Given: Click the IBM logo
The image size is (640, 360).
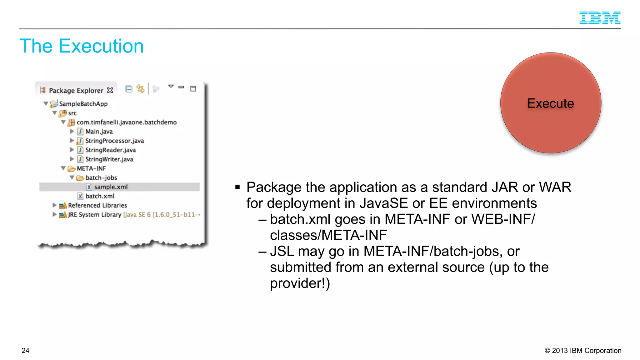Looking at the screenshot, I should point(600,18).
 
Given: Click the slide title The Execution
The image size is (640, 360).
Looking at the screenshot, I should point(82,46).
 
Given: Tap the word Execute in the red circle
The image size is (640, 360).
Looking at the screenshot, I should point(550,103).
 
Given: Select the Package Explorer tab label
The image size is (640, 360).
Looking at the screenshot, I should point(76,91).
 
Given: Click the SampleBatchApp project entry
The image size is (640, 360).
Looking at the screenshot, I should point(83,104).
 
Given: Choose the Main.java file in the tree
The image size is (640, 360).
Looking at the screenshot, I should point(99,132).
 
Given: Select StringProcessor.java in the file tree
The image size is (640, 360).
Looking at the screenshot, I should point(114,141).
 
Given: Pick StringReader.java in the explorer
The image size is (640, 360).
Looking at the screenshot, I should point(110,150).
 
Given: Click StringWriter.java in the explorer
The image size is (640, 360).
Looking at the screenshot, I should point(109,159).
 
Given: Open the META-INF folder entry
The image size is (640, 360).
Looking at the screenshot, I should point(91,168).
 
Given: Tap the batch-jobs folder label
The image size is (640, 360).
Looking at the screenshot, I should point(101,178).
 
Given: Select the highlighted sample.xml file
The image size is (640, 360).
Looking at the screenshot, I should point(111,187).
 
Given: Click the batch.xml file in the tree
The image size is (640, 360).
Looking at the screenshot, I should point(100,196).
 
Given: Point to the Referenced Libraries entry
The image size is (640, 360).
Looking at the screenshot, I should point(97,205).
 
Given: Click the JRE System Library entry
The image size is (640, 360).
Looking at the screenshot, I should point(94,215).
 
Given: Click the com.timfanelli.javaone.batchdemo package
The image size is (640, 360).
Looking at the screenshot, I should point(127,122).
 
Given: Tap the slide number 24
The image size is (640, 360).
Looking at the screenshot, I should point(25,351).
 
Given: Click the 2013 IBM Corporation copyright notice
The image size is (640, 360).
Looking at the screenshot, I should point(583,351).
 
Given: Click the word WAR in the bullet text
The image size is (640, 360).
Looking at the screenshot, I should point(555,187).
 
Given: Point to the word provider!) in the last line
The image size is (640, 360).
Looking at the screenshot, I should point(300,283).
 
